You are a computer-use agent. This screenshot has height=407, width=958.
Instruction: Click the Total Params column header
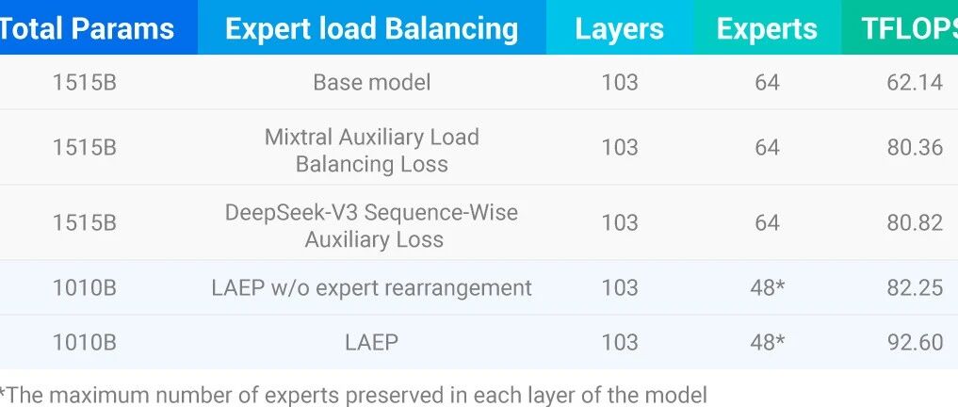click(87, 28)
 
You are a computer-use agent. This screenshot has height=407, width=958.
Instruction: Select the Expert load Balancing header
click(371, 28)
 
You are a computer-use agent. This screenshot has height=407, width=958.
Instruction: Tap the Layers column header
click(620, 29)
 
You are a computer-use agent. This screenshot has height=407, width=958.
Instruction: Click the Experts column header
click(767, 29)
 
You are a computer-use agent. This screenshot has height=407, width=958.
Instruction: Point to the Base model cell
click(371, 83)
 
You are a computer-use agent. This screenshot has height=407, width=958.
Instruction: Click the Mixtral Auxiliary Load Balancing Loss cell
click(371, 151)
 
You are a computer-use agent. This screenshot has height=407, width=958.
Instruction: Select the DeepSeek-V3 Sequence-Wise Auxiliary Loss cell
click(371, 225)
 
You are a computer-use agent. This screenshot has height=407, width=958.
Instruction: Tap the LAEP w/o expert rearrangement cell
click(371, 288)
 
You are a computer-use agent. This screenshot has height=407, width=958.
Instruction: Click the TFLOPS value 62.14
click(915, 83)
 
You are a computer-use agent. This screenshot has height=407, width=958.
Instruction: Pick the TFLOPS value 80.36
click(915, 147)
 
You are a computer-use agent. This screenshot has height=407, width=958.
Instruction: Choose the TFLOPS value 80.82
click(915, 222)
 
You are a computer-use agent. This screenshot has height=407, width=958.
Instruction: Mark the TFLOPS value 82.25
click(915, 288)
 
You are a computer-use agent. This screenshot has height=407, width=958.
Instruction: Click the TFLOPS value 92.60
click(915, 342)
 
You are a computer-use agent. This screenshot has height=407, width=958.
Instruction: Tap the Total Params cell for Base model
click(85, 83)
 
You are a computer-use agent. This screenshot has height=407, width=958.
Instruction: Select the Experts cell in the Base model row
click(767, 83)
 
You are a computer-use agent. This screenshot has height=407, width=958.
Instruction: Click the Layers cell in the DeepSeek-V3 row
click(620, 222)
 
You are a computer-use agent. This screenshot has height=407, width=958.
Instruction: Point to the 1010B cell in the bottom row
click(85, 342)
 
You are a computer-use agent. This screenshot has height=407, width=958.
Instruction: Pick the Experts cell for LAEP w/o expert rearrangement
click(768, 288)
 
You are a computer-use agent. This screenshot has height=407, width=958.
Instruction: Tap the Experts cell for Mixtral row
click(767, 147)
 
